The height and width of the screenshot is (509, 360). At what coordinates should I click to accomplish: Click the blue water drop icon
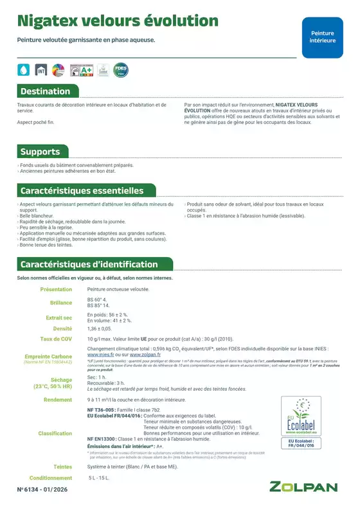pos(24,69)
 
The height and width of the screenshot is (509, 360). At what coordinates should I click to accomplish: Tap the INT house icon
pos(41,69)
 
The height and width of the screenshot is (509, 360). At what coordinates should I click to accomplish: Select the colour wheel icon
pos(59,69)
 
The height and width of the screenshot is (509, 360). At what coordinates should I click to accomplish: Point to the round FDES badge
pos(120,68)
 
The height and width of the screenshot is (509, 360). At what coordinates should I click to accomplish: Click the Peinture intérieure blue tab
pos(323,37)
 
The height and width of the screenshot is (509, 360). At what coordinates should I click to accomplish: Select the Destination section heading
pos(45,91)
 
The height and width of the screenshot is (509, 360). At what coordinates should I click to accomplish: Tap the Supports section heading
pos(40,152)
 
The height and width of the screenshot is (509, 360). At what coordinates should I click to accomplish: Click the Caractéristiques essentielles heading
pos(82,191)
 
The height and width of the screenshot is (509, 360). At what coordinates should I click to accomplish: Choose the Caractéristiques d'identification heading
pos(89,264)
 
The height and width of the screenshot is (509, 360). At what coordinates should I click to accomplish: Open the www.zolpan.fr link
pos(145,354)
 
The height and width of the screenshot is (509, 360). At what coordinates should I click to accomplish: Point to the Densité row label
pos(62,328)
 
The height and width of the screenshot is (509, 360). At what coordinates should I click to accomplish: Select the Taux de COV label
pos(56,339)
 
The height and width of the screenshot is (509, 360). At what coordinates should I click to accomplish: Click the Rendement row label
pos(58,400)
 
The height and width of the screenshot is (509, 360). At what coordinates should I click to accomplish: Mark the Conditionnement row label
pos(51,478)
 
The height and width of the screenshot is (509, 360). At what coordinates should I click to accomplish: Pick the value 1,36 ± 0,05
pos(100,328)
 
